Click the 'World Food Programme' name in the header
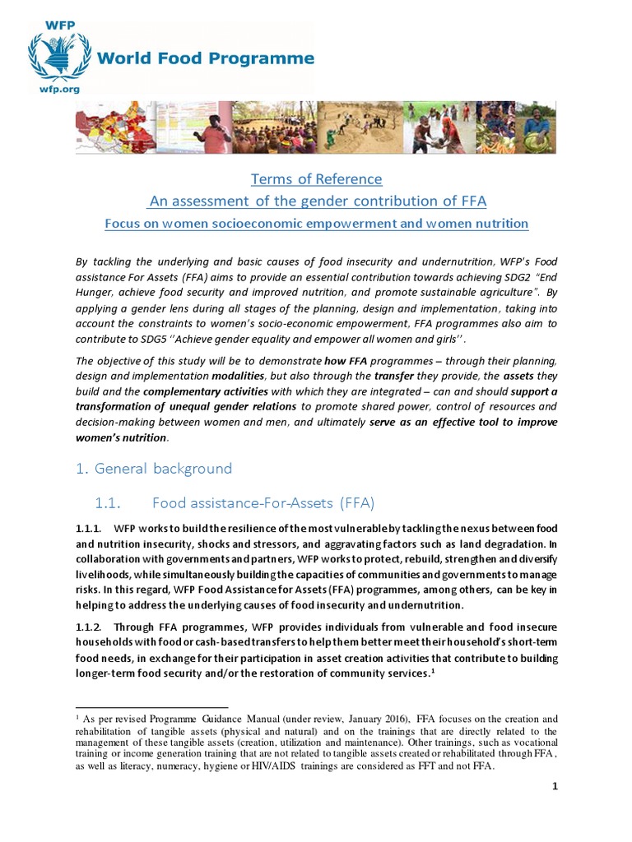tap(206, 58)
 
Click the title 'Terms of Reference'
tap(316, 179)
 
